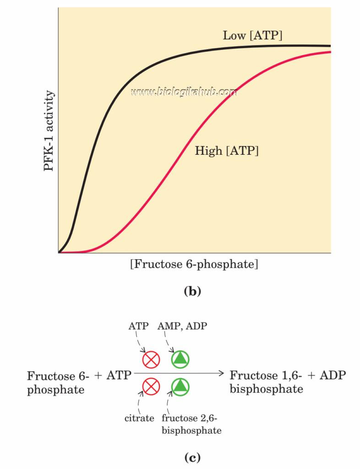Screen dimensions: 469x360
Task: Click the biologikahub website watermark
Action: point(184,93)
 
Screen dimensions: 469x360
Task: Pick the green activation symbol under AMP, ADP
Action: point(180,360)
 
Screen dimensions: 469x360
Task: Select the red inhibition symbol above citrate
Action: point(150,387)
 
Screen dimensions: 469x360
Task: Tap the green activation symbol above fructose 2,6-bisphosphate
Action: point(180,387)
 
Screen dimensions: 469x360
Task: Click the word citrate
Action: point(139,418)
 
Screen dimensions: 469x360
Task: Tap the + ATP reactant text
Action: point(113,376)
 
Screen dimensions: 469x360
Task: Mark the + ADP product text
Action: point(327,376)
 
